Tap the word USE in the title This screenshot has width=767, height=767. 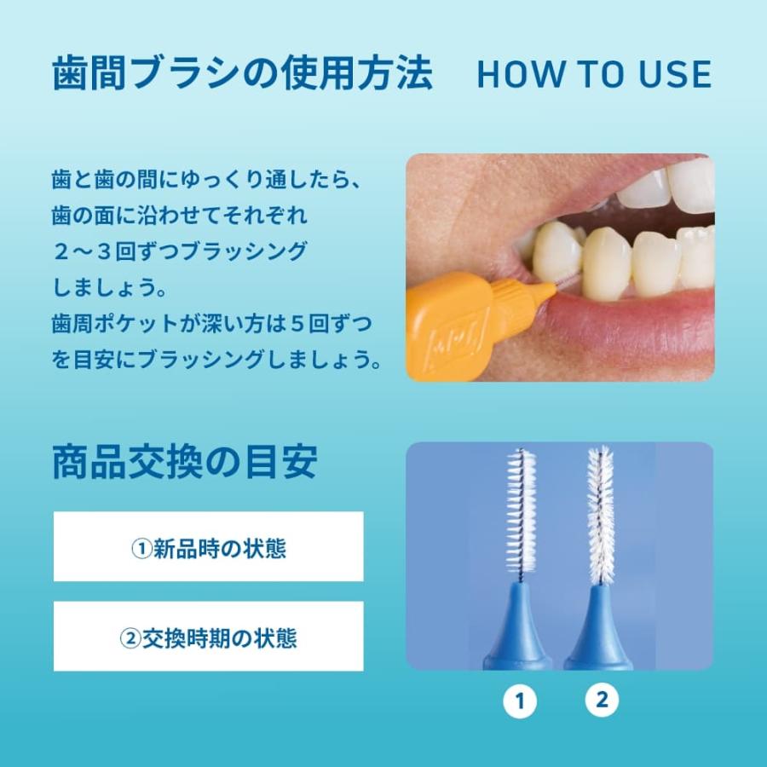point(674,75)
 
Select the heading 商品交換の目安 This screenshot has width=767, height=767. point(184,462)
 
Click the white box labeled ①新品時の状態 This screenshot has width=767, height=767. point(209,547)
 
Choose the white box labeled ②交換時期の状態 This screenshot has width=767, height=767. point(209,637)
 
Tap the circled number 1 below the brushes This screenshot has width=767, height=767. point(519,701)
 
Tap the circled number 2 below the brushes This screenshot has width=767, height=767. point(602,700)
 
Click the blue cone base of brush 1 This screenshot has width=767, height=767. point(516,626)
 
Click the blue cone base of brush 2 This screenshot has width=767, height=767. point(600,626)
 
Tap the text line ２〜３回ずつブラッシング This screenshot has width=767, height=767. point(179,251)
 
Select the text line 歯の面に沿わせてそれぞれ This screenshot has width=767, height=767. point(179,216)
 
